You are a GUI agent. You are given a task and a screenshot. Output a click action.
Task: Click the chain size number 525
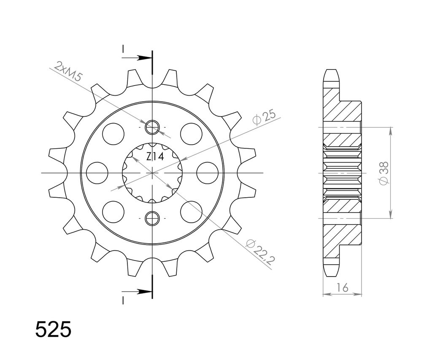coord(53,330)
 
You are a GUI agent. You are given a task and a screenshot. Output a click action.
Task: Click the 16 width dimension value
coord(342,287)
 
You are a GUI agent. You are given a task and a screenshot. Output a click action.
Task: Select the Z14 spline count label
coord(155,157)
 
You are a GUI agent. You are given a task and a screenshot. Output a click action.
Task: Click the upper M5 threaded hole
coord(152,126)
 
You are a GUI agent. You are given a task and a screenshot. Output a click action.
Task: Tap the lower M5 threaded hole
coord(152,218)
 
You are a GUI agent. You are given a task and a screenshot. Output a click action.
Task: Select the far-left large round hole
coord(97,173)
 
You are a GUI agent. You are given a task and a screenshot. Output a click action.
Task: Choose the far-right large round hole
coord(207,173)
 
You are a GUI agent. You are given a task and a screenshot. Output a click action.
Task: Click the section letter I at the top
coord(123,50)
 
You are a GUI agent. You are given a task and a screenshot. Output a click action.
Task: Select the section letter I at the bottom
coord(123,300)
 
